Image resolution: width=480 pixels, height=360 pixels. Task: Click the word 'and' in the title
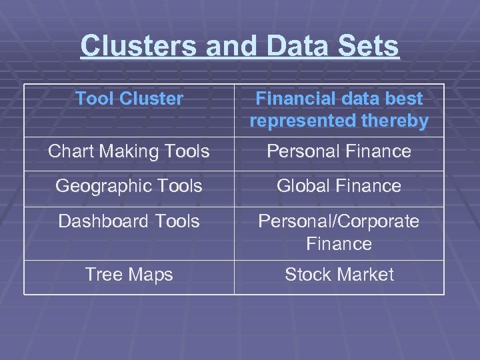[231, 47]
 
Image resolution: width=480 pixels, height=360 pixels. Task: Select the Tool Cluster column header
[129, 99]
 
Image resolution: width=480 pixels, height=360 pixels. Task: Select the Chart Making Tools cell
[129, 151]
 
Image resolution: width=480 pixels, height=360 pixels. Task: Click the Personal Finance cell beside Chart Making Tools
[339, 151]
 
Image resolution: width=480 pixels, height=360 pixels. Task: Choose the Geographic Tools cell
[129, 186]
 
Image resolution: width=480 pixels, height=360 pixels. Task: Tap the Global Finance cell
[339, 186]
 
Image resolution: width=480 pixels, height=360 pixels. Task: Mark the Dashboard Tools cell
[129, 221]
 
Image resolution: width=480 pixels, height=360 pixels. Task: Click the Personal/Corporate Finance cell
[339, 232]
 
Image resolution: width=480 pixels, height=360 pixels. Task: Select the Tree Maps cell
[129, 275]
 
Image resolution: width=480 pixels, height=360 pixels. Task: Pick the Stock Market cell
[339, 275]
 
